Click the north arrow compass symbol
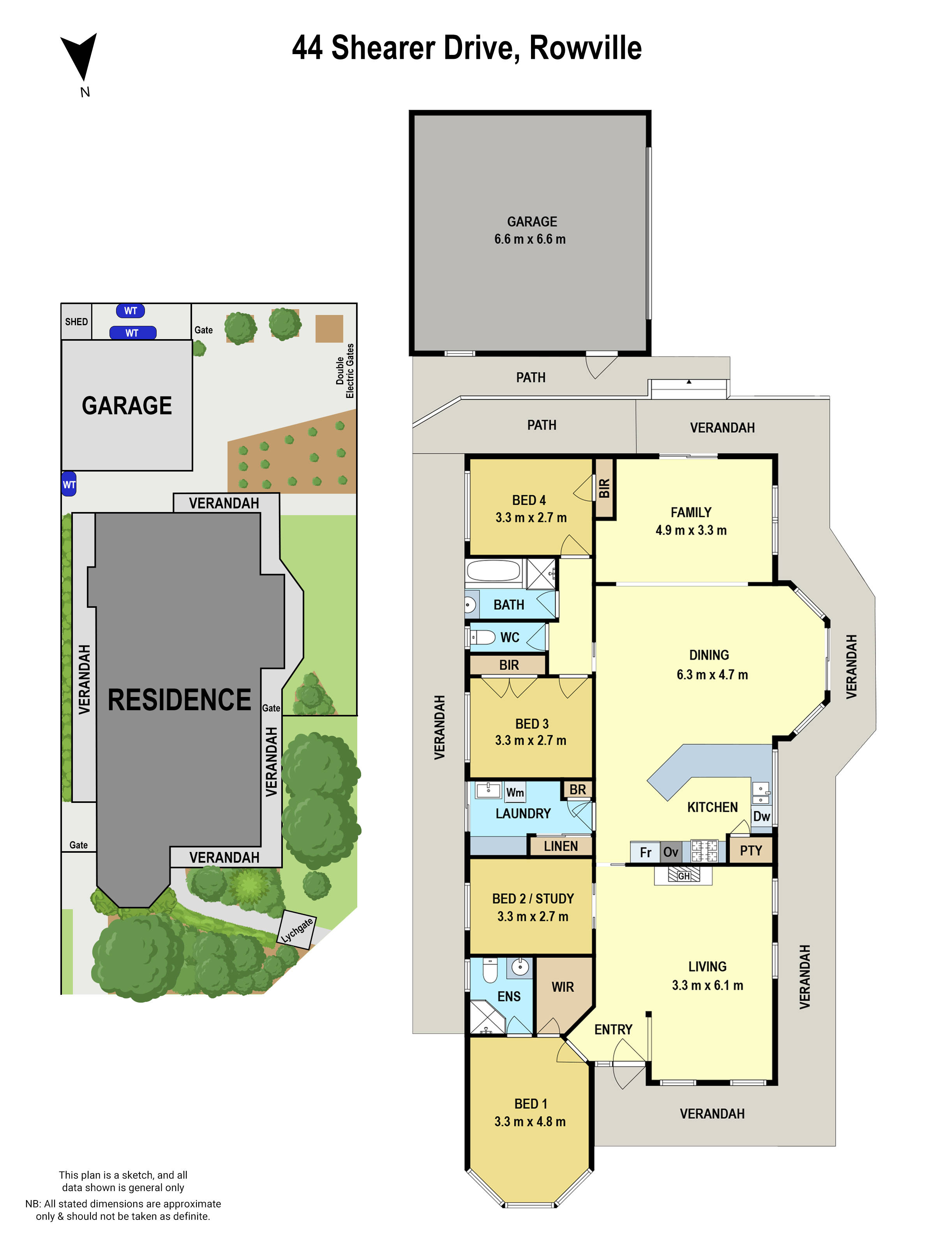click(x=79, y=57)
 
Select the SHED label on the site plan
click(x=76, y=322)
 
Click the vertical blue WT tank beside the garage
click(x=69, y=484)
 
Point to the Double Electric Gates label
click(x=345, y=371)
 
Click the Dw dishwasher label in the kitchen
click(x=761, y=816)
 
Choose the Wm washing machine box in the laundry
click(x=515, y=792)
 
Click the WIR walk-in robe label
click(x=563, y=987)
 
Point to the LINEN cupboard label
click(x=560, y=846)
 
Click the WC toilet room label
click(x=510, y=637)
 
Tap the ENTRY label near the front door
click(x=613, y=1030)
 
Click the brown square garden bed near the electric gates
click(x=329, y=328)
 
